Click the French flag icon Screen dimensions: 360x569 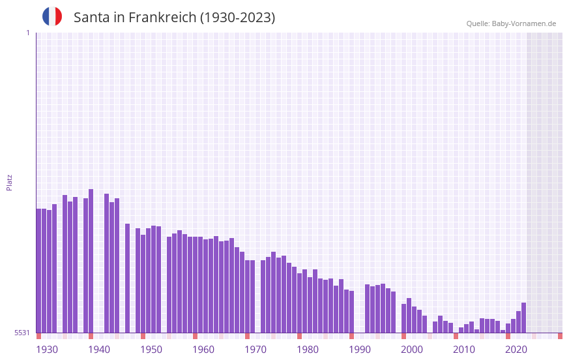click(x=52, y=16)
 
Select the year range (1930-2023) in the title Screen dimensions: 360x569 click(x=237, y=18)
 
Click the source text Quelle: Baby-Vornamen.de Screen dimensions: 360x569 click(x=511, y=23)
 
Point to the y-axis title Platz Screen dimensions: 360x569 click(x=9, y=182)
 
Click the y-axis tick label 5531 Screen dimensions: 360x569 click(x=22, y=333)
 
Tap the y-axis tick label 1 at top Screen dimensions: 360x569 click(x=27, y=33)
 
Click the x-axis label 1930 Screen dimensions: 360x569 click(x=47, y=350)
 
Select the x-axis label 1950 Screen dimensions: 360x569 click(x=151, y=350)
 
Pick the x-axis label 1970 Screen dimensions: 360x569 click(x=255, y=350)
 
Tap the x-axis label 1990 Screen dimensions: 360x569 click(x=360, y=350)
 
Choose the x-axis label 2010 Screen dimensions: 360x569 click(x=464, y=350)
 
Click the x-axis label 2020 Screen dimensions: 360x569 click(x=516, y=350)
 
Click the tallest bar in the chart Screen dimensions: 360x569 click(x=91, y=261)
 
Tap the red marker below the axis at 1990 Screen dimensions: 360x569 click(x=351, y=336)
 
